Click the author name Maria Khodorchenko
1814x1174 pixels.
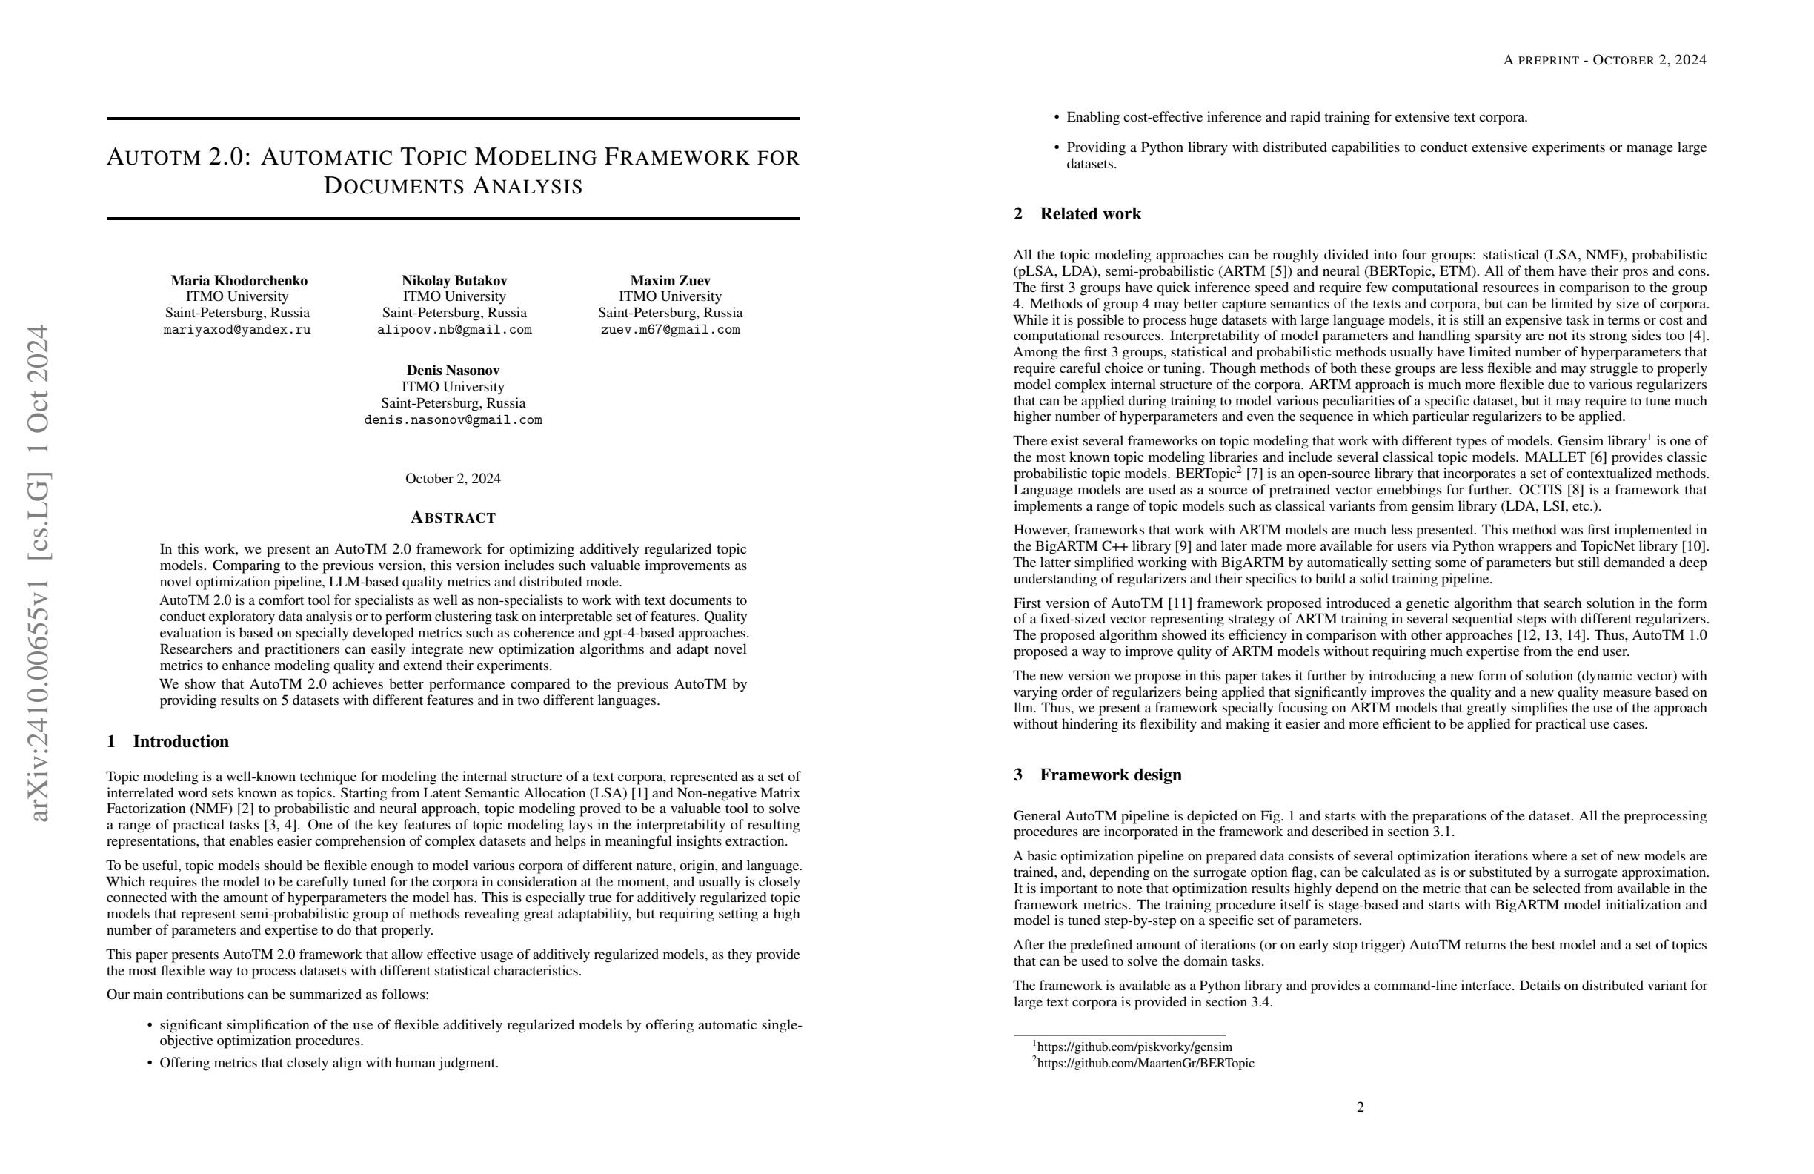tap(239, 281)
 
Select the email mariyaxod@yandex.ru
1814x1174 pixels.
tap(237, 330)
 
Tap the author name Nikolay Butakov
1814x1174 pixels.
tap(454, 281)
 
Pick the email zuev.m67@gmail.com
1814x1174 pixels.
tap(670, 330)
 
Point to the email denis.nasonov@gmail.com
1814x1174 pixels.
tap(453, 420)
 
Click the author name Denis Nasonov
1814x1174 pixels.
tap(453, 371)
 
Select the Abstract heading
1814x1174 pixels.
tap(453, 517)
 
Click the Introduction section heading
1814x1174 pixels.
tap(180, 742)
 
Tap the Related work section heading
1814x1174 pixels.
tap(1090, 214)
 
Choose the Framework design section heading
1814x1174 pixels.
tap(1110, 775)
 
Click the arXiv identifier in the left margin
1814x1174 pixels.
tap(39, 571)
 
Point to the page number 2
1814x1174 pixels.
tap(1360, 1107)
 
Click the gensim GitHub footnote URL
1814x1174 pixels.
tap(1134, 1047)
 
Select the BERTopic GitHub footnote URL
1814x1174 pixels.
tap(1145, 1064)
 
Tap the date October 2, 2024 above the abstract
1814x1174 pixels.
tap(453, 479)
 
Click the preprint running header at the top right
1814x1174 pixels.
tap(1604, 60)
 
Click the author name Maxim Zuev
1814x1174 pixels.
tap(670, 281)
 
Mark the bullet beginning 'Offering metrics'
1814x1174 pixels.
tap(328, 1063)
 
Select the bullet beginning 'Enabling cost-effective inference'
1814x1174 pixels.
tap(1297, 117)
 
